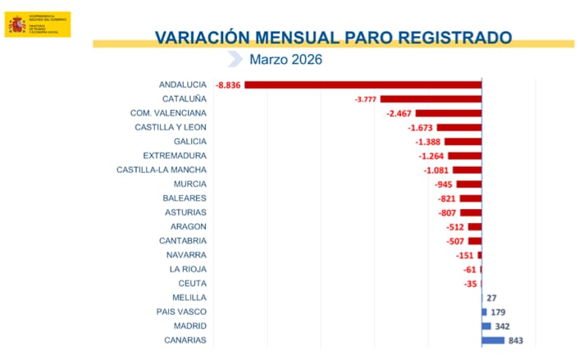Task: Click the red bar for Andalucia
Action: pyautogui.click(x=362, y=84)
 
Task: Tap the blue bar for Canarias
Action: pyautogui.click(x=493, y=340)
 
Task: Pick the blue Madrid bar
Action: pyautogui.click(x=486, y=326)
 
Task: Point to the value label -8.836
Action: pyautogui.click(x=228, y=84)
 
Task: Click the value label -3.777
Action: pyautogui.click(x=365, y=99)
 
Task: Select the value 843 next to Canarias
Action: pyautogui.click(x=515, y=340)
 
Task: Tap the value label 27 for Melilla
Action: pyautogui.click(x=492, y=298)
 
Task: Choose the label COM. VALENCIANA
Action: pyautogui.click(x=168, y=112)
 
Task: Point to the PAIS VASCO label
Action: pyautogui.click(x=181, y=312)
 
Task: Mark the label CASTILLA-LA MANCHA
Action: pyautogui.click(x=162, y=170)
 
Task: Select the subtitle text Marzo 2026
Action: pyautogui.click(x=286, y=59)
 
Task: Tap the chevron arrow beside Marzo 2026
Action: pyautogui.click(x=235, y=59)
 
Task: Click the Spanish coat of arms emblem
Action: pyautogui.click(x=16, y=25)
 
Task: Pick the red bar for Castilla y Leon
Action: pyautogui.click(x=459, y=127)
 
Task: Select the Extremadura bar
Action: pyautogui.click(x=464, y=156)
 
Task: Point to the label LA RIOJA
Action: pyautogui.click(x=188, y=269)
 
